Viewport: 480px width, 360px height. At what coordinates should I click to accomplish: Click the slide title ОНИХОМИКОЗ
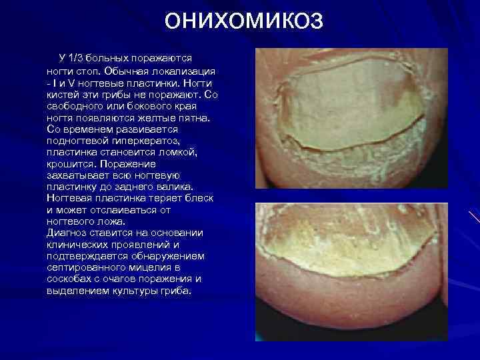click(x=244, y=21)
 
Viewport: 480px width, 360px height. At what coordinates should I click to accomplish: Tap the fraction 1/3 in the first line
click(x=79, y=59)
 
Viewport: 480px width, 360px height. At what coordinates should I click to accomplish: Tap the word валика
click(x=176, y=187)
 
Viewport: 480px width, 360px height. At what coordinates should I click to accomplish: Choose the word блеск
click(x=191, y=199)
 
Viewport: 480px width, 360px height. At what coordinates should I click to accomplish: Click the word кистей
click(x=63, y=94)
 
